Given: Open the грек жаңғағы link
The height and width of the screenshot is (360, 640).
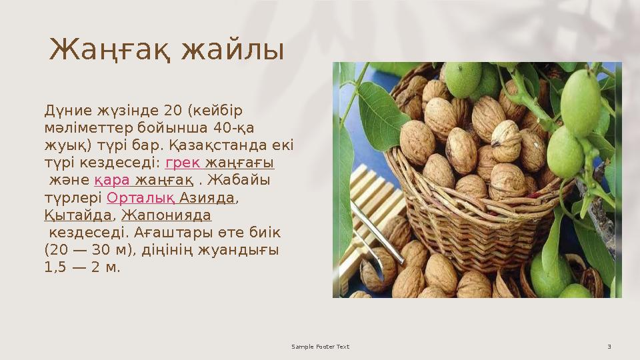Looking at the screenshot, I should tap(219, 163).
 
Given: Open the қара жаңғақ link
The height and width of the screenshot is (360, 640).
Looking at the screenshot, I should tap(144, 181).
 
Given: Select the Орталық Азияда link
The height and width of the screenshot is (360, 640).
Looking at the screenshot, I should tap(171, 198).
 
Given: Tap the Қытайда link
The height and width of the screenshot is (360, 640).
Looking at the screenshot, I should tap(77, 215).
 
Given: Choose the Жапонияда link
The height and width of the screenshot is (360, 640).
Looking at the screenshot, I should tap(166, 215).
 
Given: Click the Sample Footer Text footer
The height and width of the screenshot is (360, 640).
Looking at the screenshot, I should tap(321, 347).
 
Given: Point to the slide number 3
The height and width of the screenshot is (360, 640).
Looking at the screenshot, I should tap(609, 347).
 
